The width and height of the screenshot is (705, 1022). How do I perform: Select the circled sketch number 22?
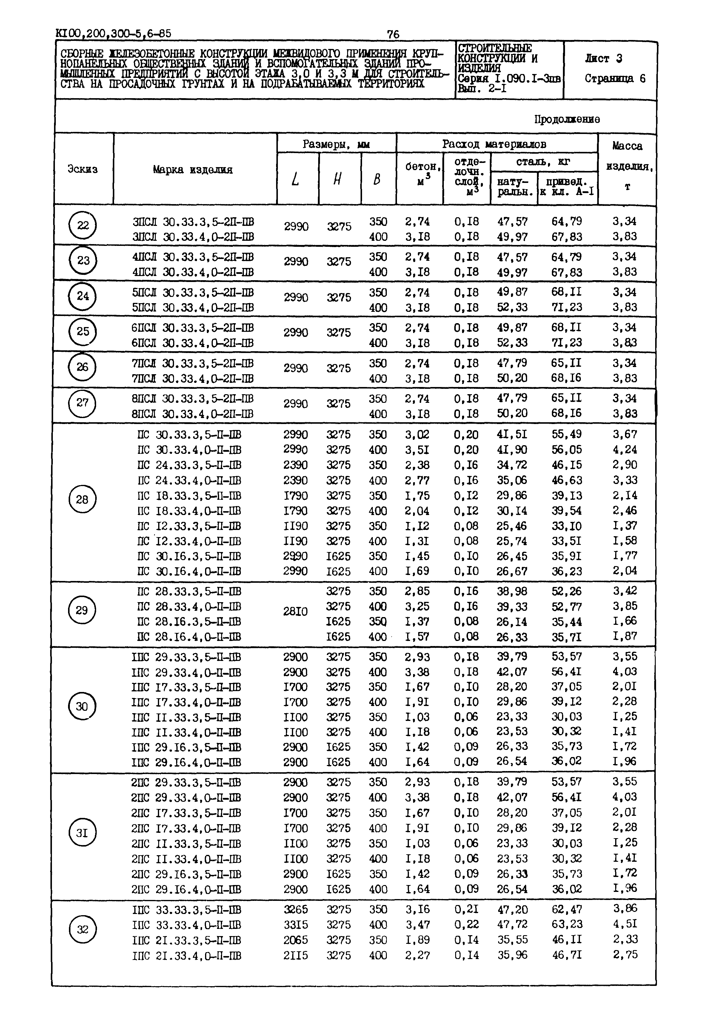click(83, 226)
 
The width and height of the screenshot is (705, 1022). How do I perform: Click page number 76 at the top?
click(393, 34)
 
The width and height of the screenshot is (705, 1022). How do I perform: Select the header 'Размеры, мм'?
click(336, 144)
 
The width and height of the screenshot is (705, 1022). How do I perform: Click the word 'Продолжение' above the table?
click(567, 119)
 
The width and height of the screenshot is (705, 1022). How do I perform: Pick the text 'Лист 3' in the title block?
click(604, 58)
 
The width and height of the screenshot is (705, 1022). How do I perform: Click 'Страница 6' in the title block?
click(615, 78)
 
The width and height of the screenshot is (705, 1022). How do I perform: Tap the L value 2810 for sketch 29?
click(295, 612)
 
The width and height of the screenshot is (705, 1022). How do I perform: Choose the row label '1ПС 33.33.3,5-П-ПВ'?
click(187, 910)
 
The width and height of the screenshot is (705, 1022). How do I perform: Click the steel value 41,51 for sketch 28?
click(512, 434)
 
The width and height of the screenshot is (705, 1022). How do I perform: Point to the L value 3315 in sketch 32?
click(295, 924)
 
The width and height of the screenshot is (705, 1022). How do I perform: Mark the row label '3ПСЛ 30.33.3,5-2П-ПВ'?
click(193, 222)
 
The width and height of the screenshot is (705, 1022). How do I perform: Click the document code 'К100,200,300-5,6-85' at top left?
click(113, 33)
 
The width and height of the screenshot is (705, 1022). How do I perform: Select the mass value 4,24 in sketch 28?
click(625, 450)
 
